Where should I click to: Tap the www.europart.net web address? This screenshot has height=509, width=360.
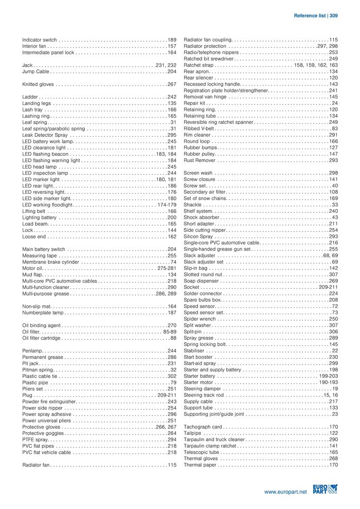(x=285, y=492)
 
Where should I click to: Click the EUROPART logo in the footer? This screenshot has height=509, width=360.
(x=325, y=489)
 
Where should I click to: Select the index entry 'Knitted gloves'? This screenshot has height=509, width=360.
(x=38, y=84)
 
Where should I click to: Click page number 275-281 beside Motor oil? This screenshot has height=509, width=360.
(x=167, y=268)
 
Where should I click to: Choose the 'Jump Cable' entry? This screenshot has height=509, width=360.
(x=35, y=72)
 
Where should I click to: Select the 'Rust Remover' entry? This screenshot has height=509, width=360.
(x=200, y=160)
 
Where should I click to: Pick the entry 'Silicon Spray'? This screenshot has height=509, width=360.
(x=199, y=237)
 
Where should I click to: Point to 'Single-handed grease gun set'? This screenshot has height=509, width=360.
(x=217, y=249)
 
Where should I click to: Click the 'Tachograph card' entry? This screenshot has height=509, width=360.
(x=203, y=427)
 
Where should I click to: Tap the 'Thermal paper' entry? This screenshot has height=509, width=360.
(x=200, y=465)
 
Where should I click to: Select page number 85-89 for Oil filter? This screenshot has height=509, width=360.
(x=170, y=332)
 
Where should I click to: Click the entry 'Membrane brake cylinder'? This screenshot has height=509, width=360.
(x=51, y=262)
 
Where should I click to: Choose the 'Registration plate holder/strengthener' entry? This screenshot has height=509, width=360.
(x=226, y=90)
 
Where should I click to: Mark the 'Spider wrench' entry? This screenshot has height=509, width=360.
(x=200, y=319)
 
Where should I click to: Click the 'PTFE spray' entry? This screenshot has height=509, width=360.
(x=35, y=440)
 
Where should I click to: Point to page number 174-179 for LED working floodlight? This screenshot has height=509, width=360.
(x=167, y=205)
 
